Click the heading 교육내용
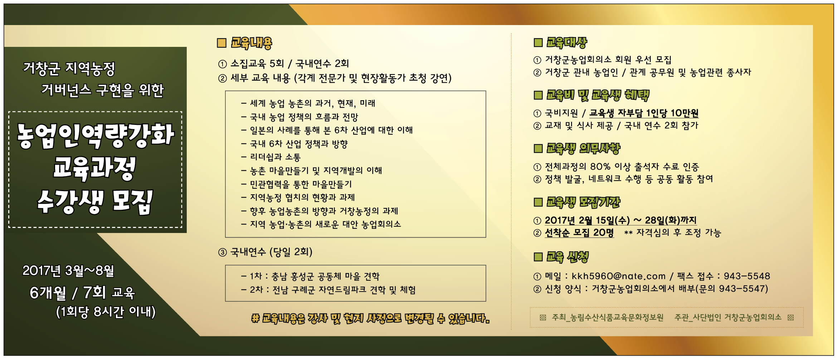pyautogui.click(x=251, y=43)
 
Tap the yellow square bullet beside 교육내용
pyautogui.click(x=222, y=43)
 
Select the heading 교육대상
pyautogui.click(x=567, y=43)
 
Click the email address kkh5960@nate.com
pyautogui.click(x=618, y=276)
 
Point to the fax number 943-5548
pyautogui.click(x=747, y=276)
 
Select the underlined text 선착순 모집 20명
pyautogui.click(x=579, y=233)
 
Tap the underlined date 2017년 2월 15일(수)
pyautogui.click(x=587, y=220)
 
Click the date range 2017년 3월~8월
pyautogui.click(x=68, y=271)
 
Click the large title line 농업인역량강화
pyautogui.click(x=96, y=136)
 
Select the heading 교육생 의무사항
pyautogui.click(x=583, y=148)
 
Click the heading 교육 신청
pyautogui.click(x=567, y=257)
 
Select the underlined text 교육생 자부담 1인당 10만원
pyautogui.click(x=644, y=113)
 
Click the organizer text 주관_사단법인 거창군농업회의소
pyautogui.click(x=728, y=317)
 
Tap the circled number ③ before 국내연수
pyautogui.click(x=223, y=252)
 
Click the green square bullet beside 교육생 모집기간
pyautogui.click(x=538, y=202)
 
